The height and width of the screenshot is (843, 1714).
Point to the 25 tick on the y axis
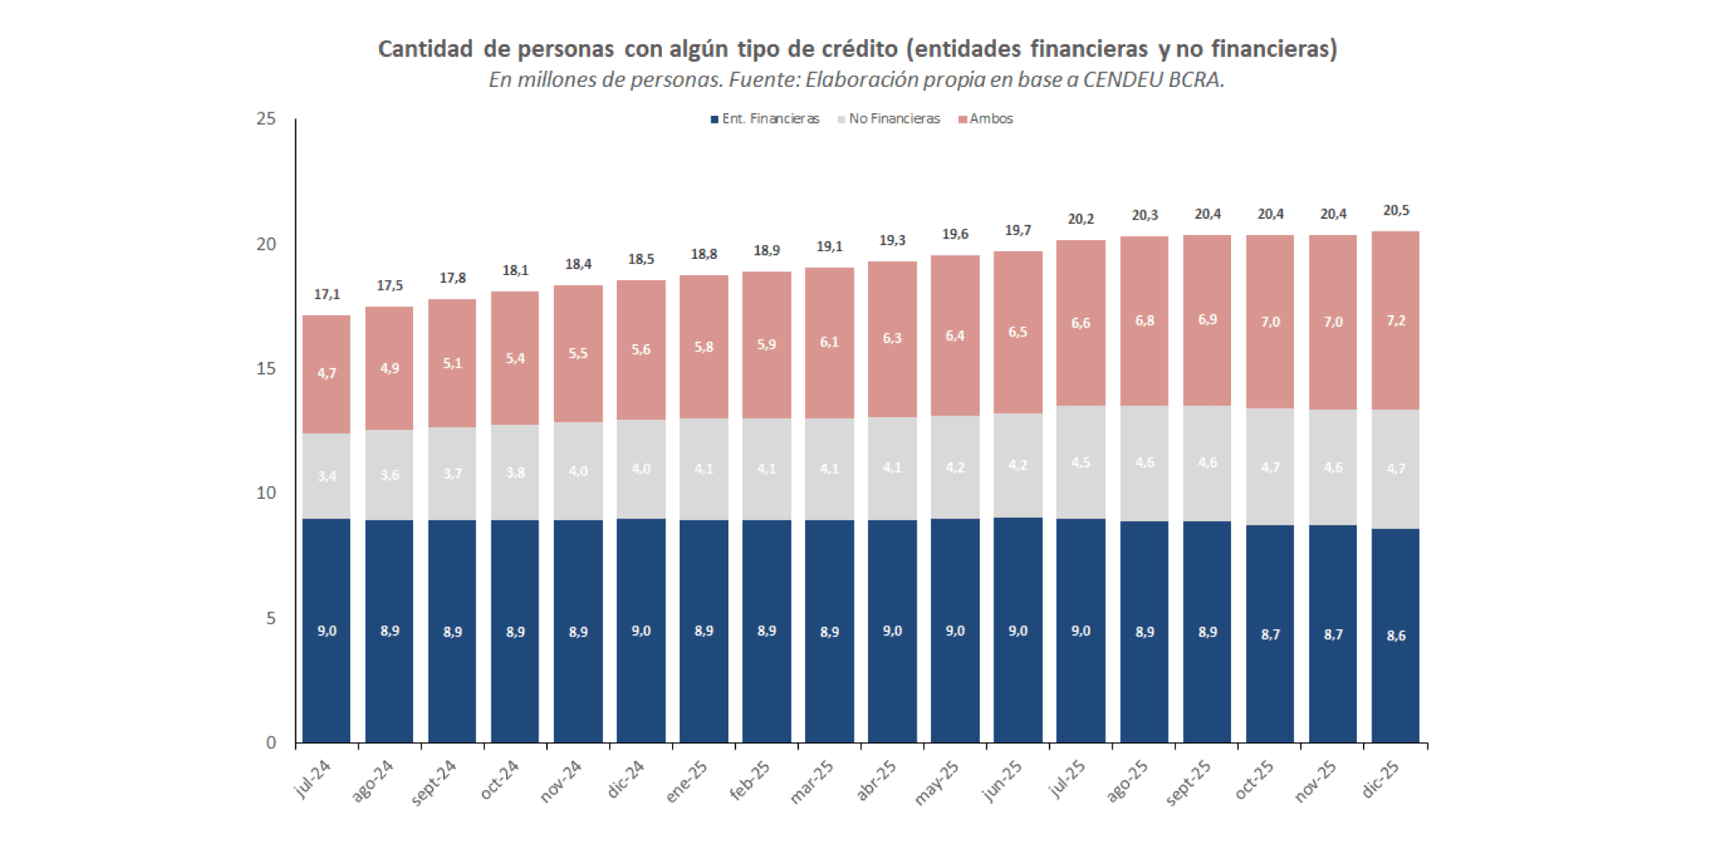click(x=267, y=119)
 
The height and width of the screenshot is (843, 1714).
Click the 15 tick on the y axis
click(x=267, y=369)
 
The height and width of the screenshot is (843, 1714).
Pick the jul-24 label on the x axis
click(x=313, y=778)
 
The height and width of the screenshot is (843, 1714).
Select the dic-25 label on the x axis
click(x=1380, y=778)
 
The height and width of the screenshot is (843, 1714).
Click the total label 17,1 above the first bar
click(x=326, y=295)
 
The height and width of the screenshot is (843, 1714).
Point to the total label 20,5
click(x=1395, y=210)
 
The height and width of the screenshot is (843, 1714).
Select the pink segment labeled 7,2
click(x=1395, y=321)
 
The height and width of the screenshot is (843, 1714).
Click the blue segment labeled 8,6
click(x=1395, y=635)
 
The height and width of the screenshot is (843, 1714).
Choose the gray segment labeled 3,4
click(x=326, y=476)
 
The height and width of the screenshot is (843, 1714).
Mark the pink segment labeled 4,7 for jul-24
click(x=326, y=374)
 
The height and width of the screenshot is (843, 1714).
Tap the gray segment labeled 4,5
click(x=1080, y=462)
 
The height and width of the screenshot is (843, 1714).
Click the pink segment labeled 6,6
click(x=1080, y=324)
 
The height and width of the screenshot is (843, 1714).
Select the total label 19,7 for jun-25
click(x=1017, y=231)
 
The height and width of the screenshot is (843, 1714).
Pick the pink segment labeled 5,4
click(x=515, y=358)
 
